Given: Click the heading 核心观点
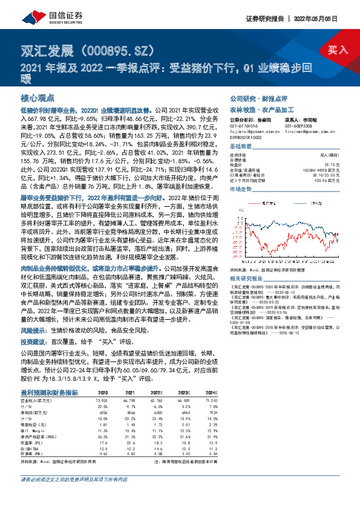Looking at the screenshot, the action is [x=38, y=97].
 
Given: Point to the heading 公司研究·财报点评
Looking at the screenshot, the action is [x=258, y=97].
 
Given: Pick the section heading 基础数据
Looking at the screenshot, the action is [x=241, y=148].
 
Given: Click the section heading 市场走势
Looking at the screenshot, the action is [x=241, y=190].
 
